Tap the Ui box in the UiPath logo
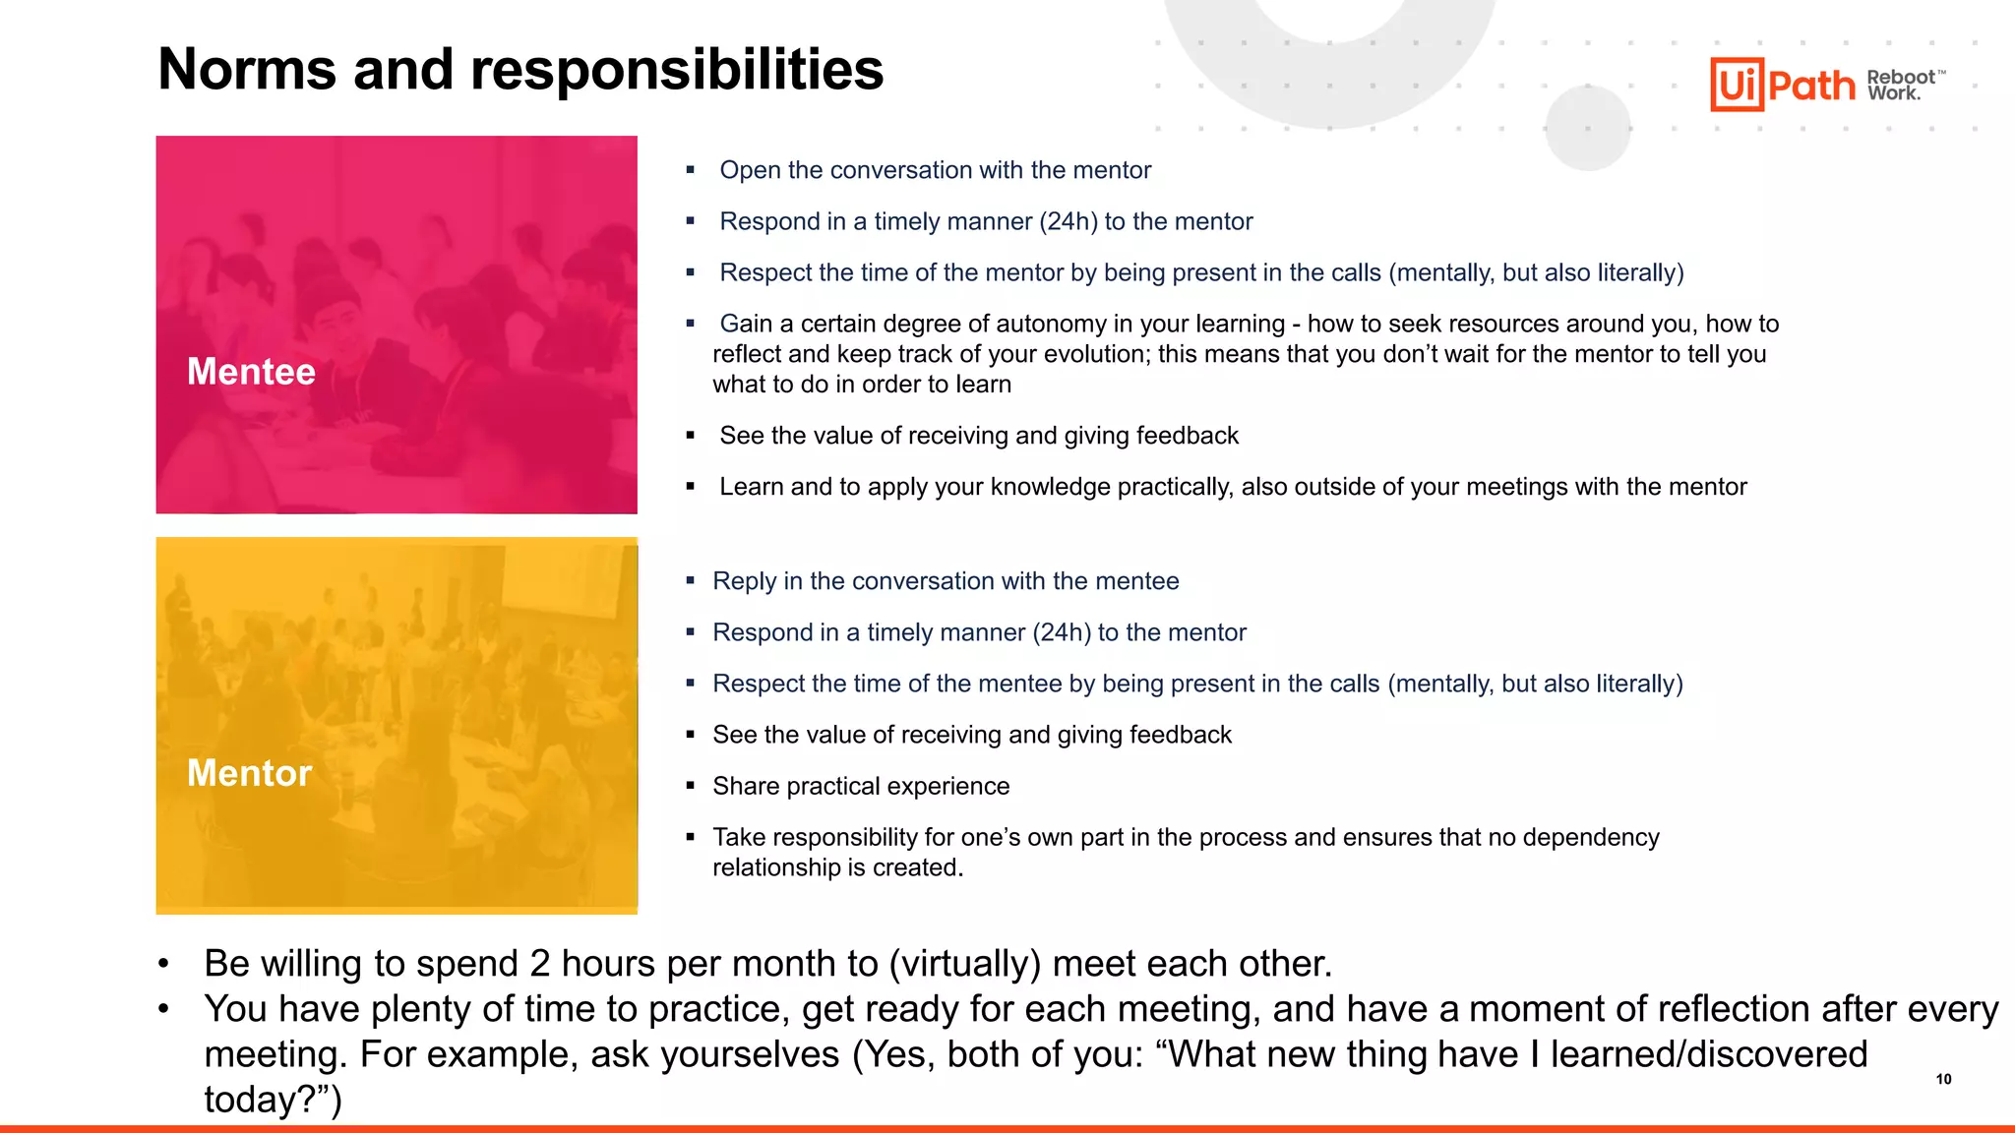point(1737,85)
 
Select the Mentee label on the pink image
point(251,372)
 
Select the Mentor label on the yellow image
point(249,773)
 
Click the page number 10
point(1943,1079)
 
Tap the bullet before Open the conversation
point(691,170)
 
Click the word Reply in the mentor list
point(744,581)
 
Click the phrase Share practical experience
point(861,786)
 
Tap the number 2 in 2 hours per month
point(539,964)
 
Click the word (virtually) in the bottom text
point(964,964)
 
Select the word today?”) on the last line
point(273,1100)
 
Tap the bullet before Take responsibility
point(691,837)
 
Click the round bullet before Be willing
point(164,964)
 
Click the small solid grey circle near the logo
point(1587,127)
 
